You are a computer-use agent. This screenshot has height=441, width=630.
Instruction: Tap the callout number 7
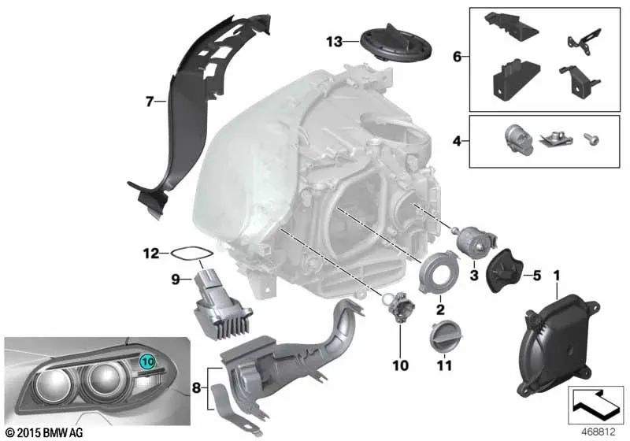pos(147,100)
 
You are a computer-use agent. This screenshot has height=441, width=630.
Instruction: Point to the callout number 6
pos(456,57)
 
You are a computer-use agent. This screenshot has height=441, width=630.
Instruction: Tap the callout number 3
pos(474,276)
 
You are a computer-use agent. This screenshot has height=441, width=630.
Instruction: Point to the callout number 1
pos(556,276)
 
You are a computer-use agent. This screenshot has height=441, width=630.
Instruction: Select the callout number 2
pos(441,310)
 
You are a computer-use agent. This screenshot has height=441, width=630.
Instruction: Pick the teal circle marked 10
pos(147,362)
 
